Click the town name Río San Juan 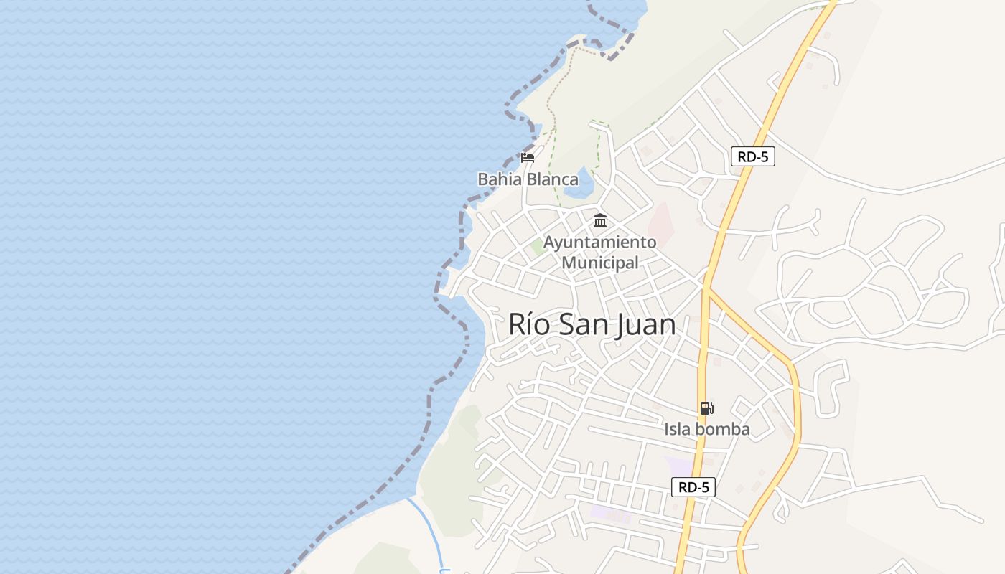592,325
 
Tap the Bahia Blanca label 528,179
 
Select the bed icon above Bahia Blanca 528,158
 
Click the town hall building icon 600,221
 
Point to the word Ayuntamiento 599,243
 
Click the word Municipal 599,263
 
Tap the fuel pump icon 706,408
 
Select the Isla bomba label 706,429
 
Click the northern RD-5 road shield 752,156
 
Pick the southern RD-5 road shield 693,487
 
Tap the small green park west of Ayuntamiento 537,248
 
